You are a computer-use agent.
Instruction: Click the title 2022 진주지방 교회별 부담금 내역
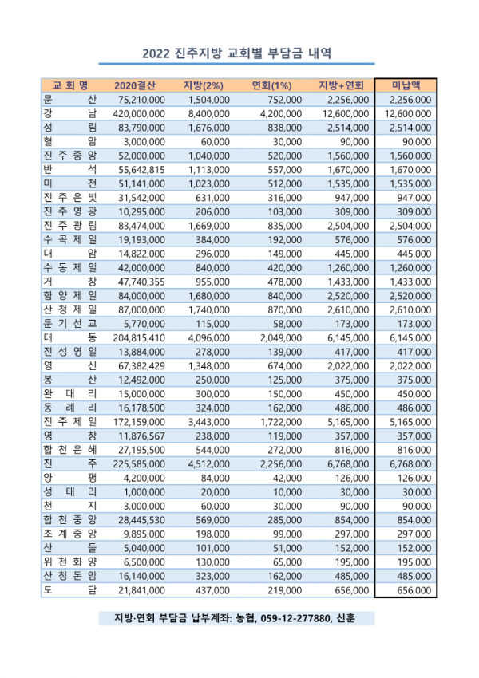coord(237,53)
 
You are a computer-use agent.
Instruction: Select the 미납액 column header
coord(407,85)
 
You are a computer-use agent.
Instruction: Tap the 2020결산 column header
coord(135,85)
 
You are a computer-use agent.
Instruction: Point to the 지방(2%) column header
coord(204,85)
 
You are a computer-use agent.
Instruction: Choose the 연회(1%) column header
coord(271,85)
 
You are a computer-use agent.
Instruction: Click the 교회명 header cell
coord(69,85)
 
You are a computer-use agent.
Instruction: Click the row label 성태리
coord(69,491)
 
